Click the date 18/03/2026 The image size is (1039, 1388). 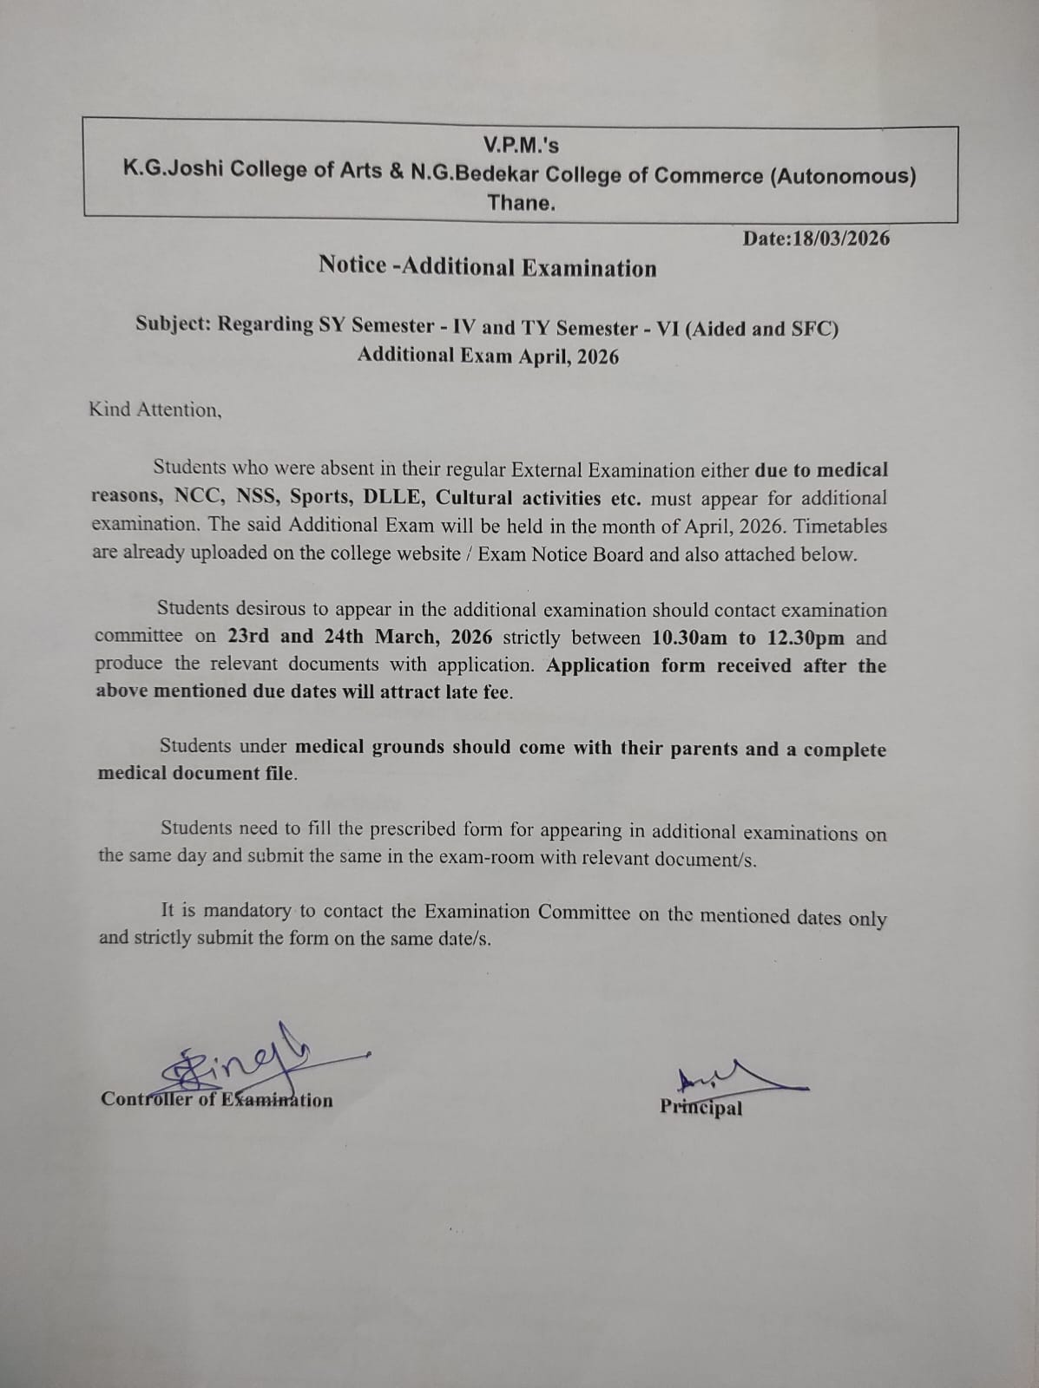(x=839, y=239)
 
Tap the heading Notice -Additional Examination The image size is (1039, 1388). (x=487, y=266)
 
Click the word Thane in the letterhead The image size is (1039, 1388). (x=520, y=204)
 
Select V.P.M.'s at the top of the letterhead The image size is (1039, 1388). (x=521, y=145)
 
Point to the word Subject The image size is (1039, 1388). (x=173, y=324)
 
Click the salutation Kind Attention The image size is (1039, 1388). (x=155, y=409)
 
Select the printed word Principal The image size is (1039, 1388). (x=701, y=1108)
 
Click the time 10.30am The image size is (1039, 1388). (x=689, y=638)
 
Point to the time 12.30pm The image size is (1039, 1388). (x=806, y=638)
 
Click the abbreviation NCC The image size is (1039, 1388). (x=197, y=496)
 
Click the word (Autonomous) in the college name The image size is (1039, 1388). (x=843, y=176)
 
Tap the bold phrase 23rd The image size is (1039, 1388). (x=248, y=636)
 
